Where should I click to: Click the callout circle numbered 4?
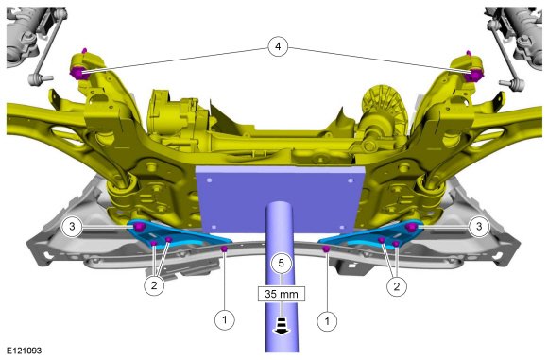(x=278, y=46)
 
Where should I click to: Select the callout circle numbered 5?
(x=282, y=264)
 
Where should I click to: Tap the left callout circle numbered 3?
(x=72, y=227)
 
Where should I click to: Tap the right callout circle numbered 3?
(x=479, y=227)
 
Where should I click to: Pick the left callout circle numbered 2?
(x=154, y=285)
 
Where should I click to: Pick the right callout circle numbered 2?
(x=396, y=287)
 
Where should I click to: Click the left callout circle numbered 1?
(x=225, y=319)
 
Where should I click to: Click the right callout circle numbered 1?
(x=327, y=321)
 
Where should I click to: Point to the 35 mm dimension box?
(x=282, y=294)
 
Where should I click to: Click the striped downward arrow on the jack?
(x=282, y=326)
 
